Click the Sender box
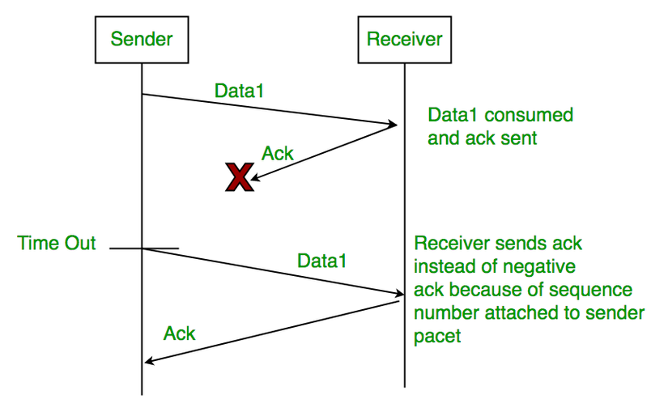click(x=142, y=38)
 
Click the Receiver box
click(x=404, y=38)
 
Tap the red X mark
click(x=239, y=176)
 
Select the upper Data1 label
click(x=240, y=91)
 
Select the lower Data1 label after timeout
click(x=321, y=261)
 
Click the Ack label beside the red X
click(x=278, y=154)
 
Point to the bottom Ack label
click(x=180, y=333)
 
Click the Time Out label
click(x=57, y=243)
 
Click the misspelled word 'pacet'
click(x=437, y=336)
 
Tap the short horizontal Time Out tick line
click(x=143, y=248)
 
